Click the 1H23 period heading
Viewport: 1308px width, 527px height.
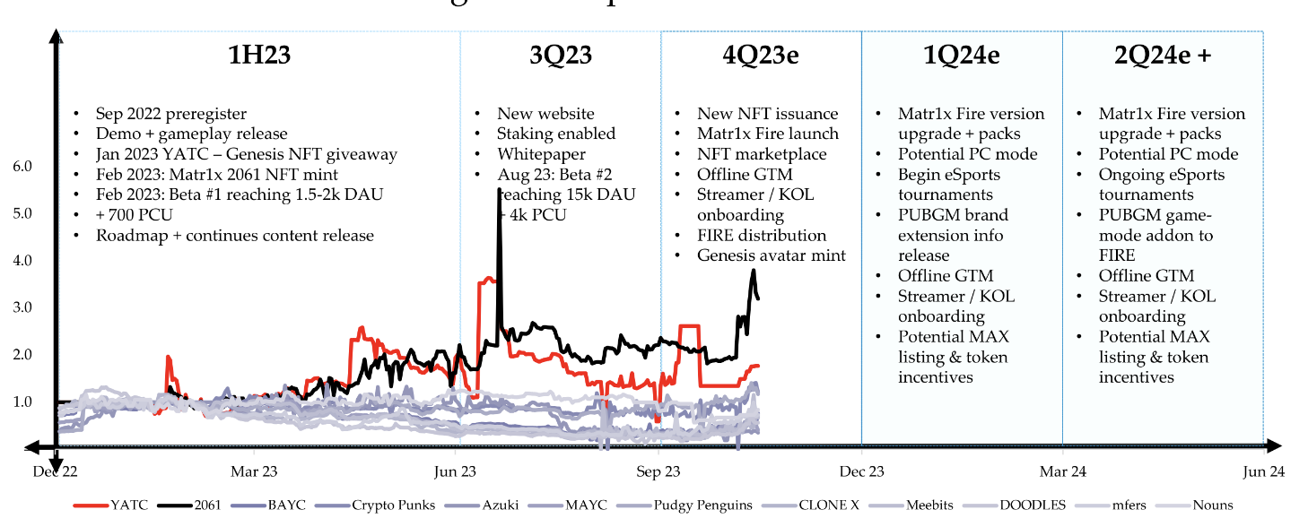259,56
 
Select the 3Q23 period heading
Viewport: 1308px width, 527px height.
561,56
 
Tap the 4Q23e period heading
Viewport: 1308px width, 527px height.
761,56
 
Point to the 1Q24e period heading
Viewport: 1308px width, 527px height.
962,56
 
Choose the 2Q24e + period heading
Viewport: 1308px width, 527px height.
1163,56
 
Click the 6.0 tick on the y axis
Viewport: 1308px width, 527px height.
22,167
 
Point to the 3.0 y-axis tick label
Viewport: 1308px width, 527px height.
22,307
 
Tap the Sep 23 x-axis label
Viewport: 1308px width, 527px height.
659,471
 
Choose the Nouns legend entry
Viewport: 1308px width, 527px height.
1213,505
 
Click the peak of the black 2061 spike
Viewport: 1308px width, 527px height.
498,190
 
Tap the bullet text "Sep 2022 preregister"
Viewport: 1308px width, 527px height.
171,114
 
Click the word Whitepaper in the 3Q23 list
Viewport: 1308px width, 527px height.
542,154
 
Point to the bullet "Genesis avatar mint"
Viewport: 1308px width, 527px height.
772,255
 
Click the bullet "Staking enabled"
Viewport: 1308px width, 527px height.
556,134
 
